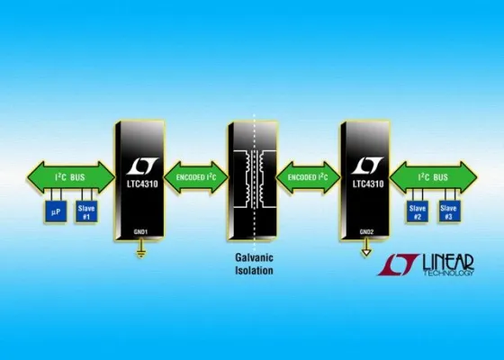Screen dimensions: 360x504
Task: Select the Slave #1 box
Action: (x=86, y=212)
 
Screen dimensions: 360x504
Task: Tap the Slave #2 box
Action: (x=417, y=212)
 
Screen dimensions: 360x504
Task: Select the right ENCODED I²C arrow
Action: (x=307, y=176)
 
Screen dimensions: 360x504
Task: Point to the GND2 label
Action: (x=365, y=231)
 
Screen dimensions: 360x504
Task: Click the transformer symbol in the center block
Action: (x=253, y=175)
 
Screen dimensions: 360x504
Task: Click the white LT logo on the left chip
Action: (x=139, y=166)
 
